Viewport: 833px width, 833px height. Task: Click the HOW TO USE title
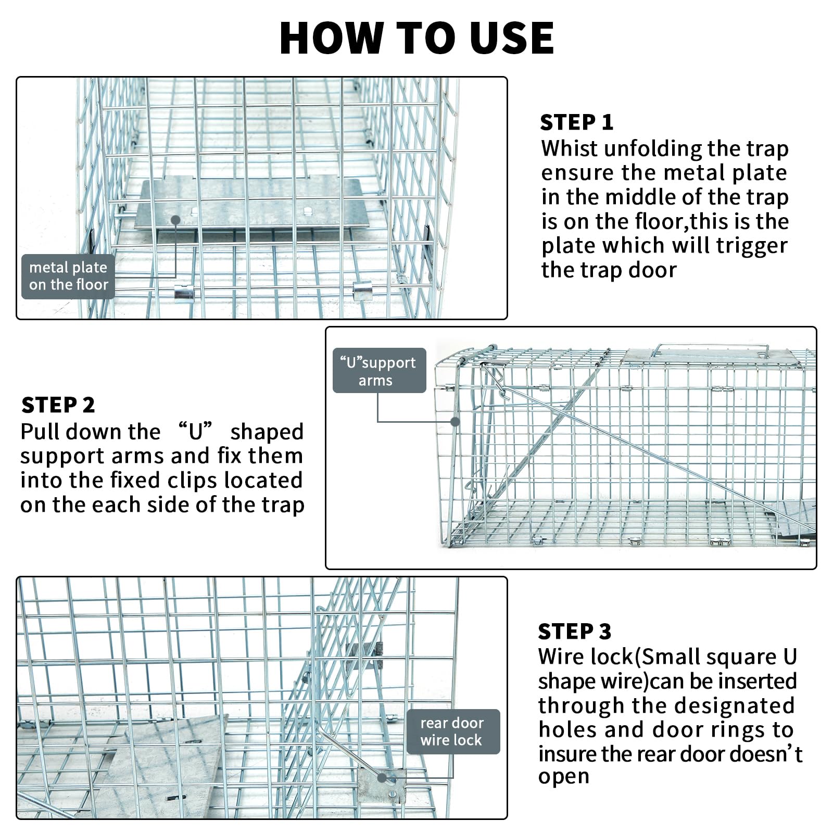coord(416,38)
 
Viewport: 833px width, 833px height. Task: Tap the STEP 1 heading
coord(576,123)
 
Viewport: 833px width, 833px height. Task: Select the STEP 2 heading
coord(58,405)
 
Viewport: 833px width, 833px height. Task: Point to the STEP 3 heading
coord(574,631)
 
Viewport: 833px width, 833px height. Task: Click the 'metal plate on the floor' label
coord(68,276)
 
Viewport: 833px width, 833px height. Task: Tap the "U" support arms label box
coord(378,371)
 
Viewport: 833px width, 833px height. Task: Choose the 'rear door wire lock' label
coord(452,731)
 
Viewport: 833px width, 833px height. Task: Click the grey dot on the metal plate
coord(176,220)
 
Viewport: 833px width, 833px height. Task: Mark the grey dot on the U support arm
coord(455,422)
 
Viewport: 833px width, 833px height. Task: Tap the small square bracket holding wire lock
coord(382,787)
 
